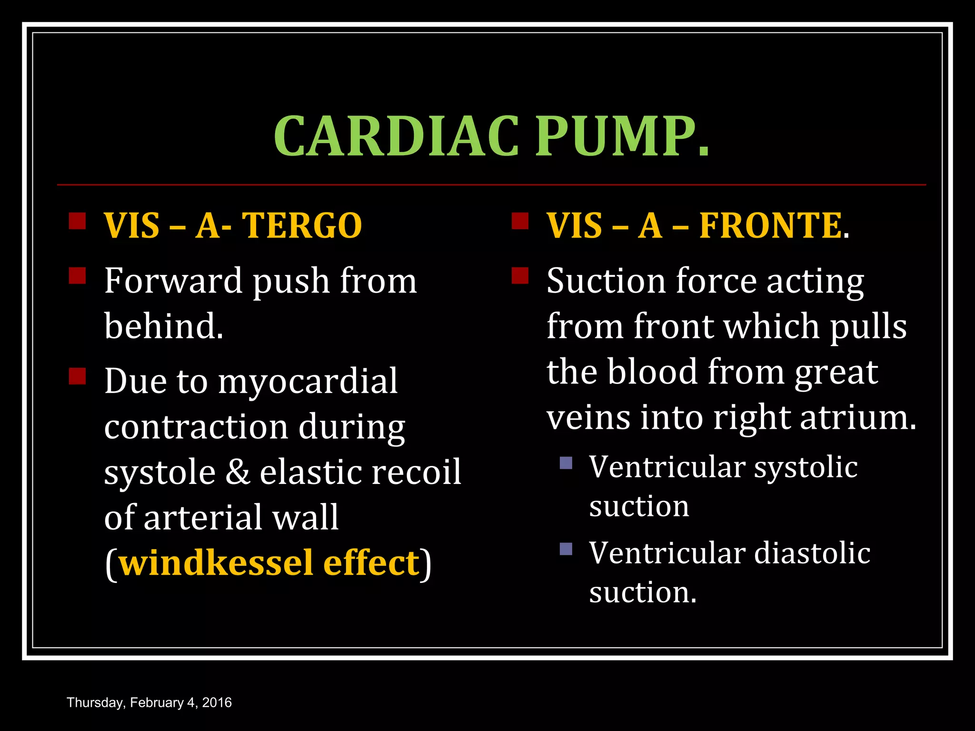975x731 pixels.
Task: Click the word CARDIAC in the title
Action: point(396,137)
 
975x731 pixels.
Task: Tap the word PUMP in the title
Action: point(617,137)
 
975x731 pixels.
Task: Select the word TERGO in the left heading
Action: point(302,226)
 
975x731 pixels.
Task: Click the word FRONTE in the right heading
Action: point(770,226)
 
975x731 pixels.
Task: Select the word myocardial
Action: point(308,381)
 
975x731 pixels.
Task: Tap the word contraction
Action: point(196,426)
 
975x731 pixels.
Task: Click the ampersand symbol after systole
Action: point(238,472)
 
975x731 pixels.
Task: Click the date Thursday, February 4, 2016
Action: point(149,703)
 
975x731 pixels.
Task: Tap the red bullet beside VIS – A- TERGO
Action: point(77,221)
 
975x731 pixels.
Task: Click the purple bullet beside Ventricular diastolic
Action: point(566,549)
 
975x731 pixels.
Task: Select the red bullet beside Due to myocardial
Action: point(77,376)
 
